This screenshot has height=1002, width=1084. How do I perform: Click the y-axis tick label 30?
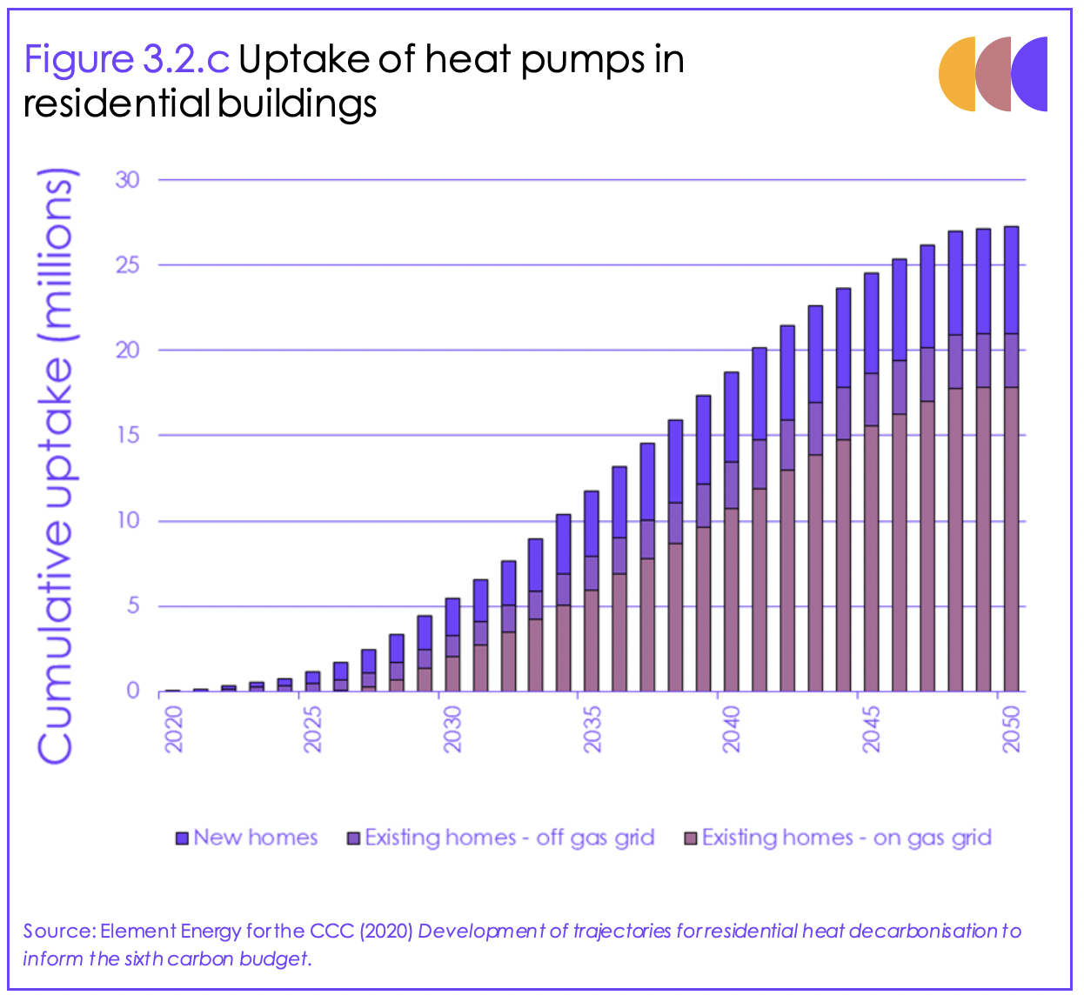pyautogui.click(x=127, y=180)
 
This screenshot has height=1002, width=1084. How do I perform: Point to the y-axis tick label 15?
pyautogui.click(x=127, y=435)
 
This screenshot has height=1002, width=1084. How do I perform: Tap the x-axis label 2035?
pyautogui.click(x=592, y=729)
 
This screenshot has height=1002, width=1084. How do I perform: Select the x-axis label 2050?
pyautogui.click(x=1011, y=729)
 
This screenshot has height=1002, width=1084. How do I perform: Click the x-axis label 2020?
pyautogui.click(x=173, y=729)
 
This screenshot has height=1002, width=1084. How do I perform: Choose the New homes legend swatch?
pyautogui.click(x=182, y=838)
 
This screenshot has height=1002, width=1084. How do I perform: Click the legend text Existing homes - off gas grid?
pyautogui.click(x=509, y=838)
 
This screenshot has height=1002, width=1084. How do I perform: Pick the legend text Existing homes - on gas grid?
pyautogui.click(x=846, y=838)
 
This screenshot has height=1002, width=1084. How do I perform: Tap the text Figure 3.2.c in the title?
pyautogui.click(x=126, y=60)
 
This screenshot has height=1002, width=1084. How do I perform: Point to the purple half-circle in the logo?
pyautogui.click(x=1032, y=75)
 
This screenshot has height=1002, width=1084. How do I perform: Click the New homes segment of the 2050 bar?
pyautogui.click(x=1011, y=280)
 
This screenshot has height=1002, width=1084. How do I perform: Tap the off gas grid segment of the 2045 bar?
pyautogui.click(x=872, y=399)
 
